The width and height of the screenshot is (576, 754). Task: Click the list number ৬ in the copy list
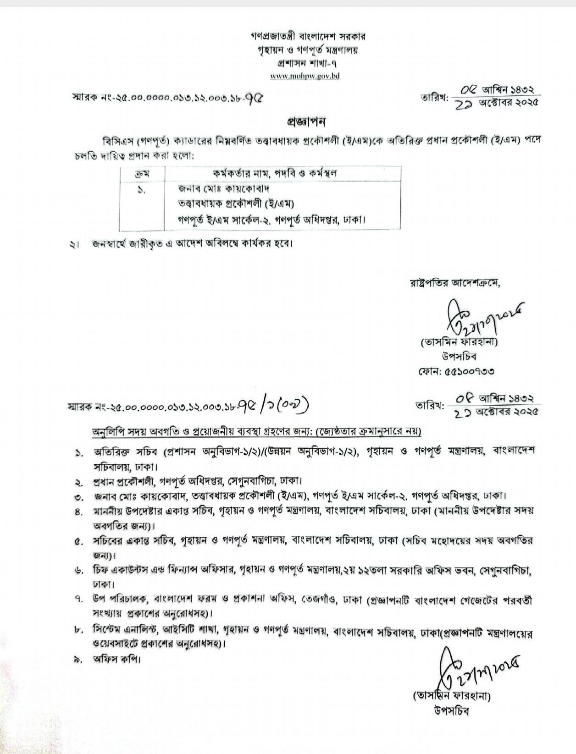coord(78,571)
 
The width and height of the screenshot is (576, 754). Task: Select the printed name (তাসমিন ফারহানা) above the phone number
coord(458,342)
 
